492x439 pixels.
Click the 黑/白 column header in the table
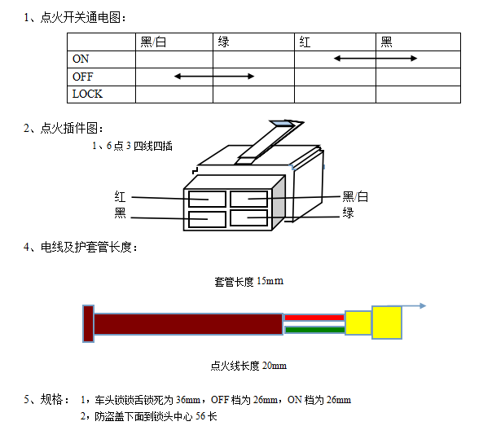153,42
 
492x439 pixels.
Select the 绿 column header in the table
224,42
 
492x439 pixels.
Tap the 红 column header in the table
305,42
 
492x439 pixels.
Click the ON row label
81,59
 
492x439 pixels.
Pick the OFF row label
83,77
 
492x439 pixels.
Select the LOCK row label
87,94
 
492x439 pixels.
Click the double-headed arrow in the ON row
376,59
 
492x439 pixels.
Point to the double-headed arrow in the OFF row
214,77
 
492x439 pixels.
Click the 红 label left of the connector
121,197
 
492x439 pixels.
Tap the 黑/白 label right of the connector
355,197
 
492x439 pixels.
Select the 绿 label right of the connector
348,213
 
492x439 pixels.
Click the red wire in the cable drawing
314,318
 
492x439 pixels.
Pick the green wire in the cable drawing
315,330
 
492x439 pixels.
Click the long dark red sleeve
188,324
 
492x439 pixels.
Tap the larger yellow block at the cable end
387,323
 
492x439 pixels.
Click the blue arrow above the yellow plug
407,305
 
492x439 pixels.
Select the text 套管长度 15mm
248,281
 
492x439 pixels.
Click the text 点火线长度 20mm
248,366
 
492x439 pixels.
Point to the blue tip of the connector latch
283,124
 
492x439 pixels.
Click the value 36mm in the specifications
188,400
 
